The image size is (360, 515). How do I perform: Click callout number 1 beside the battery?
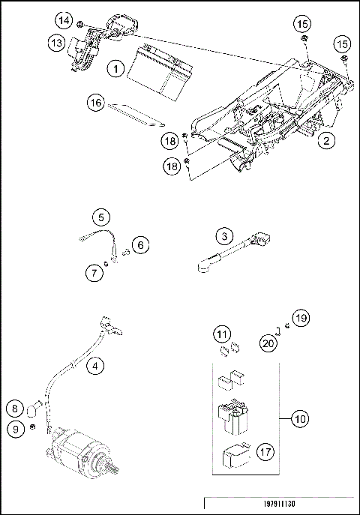coord(115,69)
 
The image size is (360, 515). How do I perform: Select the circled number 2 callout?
coord(326,141)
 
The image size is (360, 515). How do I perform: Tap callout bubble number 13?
coord(57,43)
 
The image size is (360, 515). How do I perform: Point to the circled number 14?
coord(64,20)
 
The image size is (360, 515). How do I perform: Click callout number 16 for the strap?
coord(95,103)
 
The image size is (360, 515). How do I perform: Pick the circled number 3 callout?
coord(224,236)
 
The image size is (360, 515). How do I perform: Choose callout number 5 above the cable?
coord(101,217)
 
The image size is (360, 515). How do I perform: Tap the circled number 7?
coord(94,273)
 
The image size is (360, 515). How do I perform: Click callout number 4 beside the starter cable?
coord(95,366)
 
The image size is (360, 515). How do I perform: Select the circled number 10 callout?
coord(300,419)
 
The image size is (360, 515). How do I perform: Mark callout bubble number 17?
coord(265,452)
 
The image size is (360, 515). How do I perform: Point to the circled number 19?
coord(301,318)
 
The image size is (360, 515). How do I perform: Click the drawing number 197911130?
coord(279,504)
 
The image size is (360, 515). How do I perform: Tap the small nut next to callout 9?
coord(32,427)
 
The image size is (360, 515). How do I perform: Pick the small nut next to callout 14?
coord(79,24)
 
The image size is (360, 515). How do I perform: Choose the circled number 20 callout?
coord(268,343)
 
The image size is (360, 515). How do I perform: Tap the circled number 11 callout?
coord(222,334)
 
